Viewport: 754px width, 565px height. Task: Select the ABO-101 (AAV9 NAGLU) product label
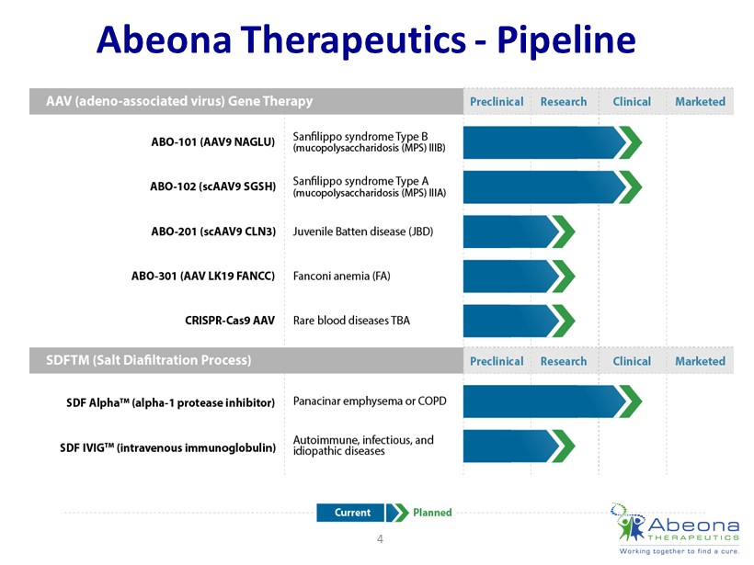(x=213, y=141)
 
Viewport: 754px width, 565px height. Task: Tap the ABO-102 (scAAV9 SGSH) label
(x=213, y=186)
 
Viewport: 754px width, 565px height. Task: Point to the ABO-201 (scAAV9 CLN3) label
(x=213, y=232)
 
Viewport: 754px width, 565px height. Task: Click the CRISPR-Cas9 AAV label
(x=230, y=321)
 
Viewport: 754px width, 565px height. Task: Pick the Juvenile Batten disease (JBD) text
(x=363, y=232)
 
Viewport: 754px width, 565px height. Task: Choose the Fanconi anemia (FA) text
(x=341, y=277)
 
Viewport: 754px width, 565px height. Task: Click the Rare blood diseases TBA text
(x=351, y=321)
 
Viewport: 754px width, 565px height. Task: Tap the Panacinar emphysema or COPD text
(x=370, y=401)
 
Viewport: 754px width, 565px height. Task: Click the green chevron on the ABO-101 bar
(x=631, y=142)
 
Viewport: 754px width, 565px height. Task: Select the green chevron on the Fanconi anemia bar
(x=564, y=277)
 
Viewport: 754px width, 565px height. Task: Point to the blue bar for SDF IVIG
(x=510, y=446)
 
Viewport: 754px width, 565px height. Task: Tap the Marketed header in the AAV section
(x=700, y=102)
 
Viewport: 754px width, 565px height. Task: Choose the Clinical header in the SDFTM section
(x=632, y=361)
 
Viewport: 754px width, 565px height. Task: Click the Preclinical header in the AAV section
(x=497, y=102)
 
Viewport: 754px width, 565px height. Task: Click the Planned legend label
(x=432, y=513)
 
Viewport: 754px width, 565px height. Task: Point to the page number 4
(x=380, y=539)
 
